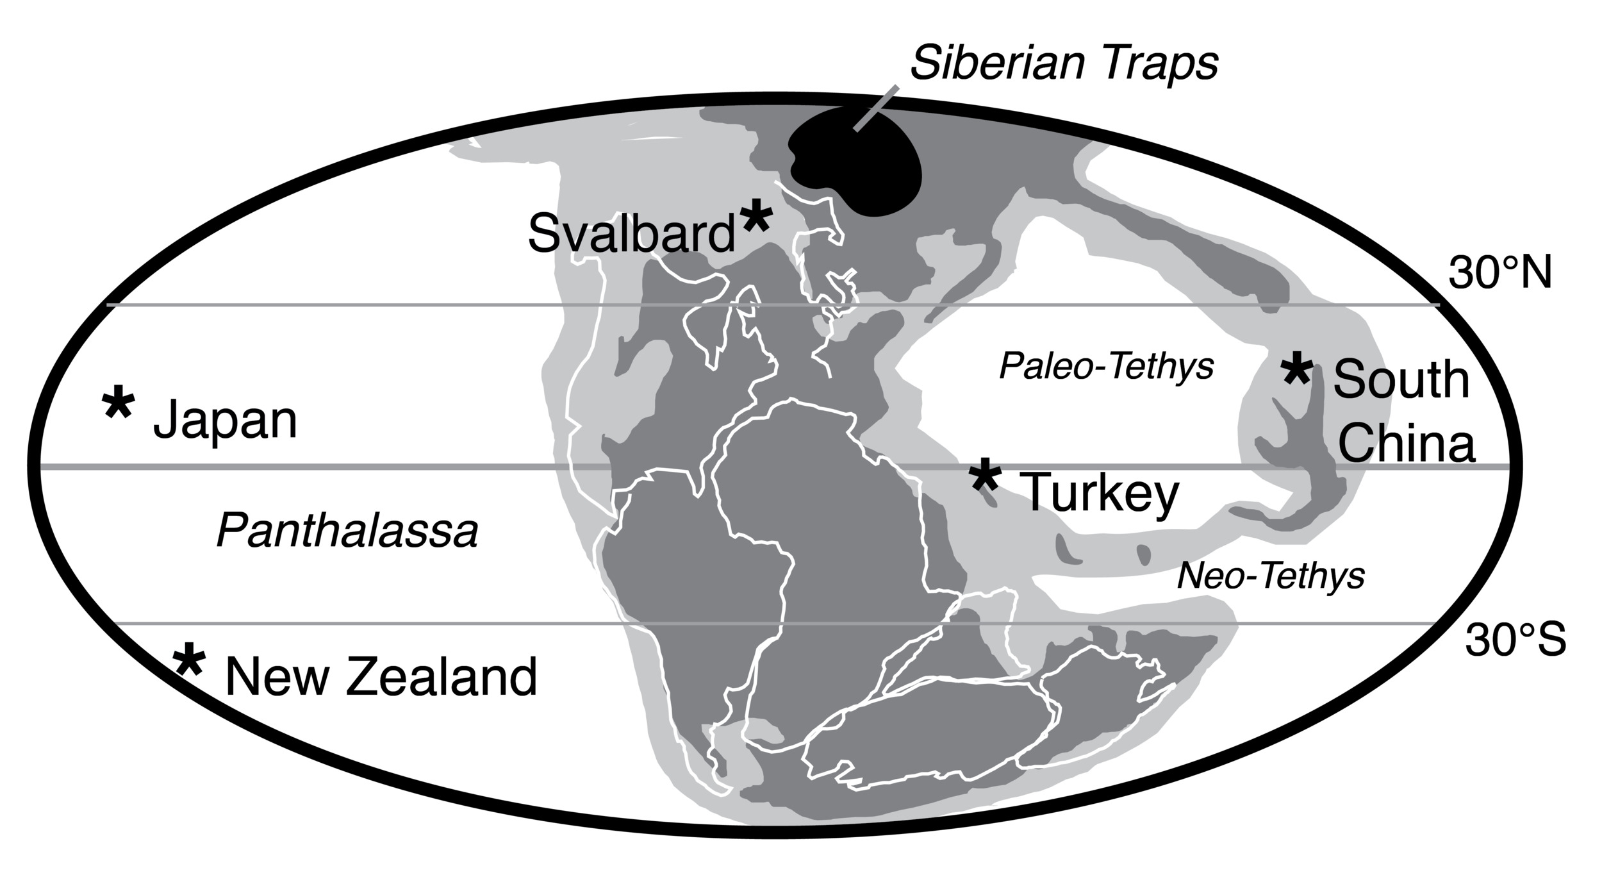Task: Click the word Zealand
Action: pos(442,678)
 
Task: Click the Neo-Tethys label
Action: pos(1271,576)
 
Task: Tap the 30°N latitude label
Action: pos(1500,274)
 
